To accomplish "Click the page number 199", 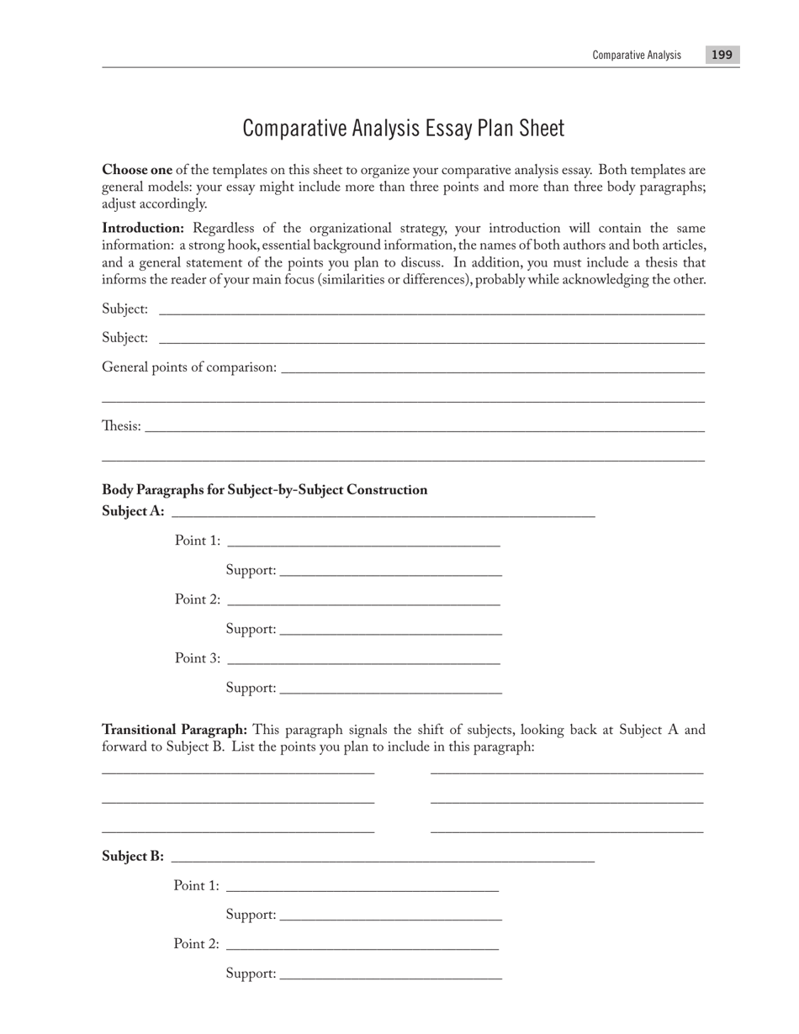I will (722, 55).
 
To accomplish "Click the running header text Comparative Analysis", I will (637, 55).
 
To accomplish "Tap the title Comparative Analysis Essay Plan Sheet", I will (404, 129).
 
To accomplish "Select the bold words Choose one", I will (137, 170).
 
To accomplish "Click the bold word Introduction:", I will (143, 229).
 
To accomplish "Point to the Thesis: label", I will (121, 426).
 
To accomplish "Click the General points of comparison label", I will (189, 367).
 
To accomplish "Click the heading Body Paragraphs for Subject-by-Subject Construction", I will (264, 490).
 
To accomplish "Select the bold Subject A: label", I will (133, 511).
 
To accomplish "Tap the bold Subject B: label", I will (133, 857).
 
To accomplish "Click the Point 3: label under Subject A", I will (198, 658).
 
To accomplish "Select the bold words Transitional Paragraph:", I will (174, 730).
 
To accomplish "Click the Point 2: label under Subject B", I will (197, 944).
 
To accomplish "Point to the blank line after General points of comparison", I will (493, 371).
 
